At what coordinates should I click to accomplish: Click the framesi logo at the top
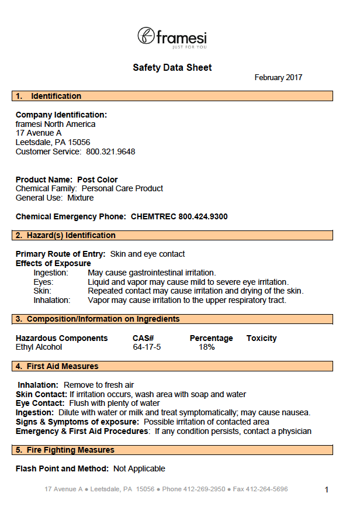(172, 37)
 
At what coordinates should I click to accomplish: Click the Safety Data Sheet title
(172, 68)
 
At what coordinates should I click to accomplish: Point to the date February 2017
(278, 78)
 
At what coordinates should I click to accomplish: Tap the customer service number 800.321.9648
(110, 151)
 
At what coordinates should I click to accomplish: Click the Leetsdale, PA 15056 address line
(53, 142)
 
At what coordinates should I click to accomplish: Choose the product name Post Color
(97, 180)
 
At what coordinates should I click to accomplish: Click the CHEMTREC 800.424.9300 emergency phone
(179, 216)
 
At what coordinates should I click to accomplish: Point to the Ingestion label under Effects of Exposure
(51, 273)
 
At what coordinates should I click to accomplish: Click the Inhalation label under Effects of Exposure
(51, 300)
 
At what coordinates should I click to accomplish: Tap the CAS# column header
(143, 338)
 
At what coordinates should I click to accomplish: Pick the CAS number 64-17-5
(147, 347)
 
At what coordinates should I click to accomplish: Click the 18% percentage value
(207, 347)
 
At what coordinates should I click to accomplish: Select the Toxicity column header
(261, 338)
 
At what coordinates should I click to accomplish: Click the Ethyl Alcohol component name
(39, 347)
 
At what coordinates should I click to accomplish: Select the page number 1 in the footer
(327, 490)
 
